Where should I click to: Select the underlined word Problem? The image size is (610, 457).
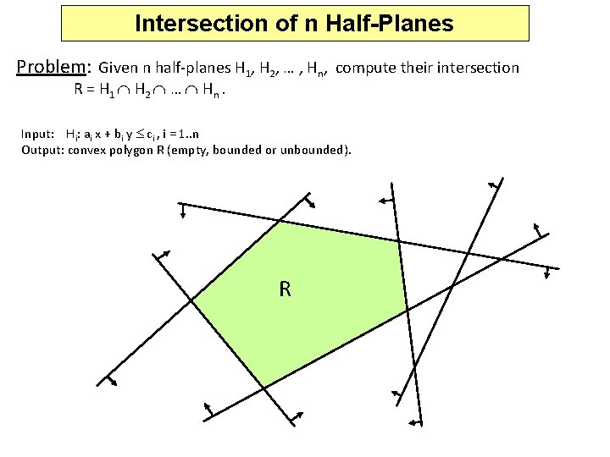click(53, 67)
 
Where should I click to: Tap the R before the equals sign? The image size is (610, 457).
click(80, 92)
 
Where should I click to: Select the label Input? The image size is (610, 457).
click(39, 134)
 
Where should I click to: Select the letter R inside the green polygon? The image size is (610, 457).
click(285, 289)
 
